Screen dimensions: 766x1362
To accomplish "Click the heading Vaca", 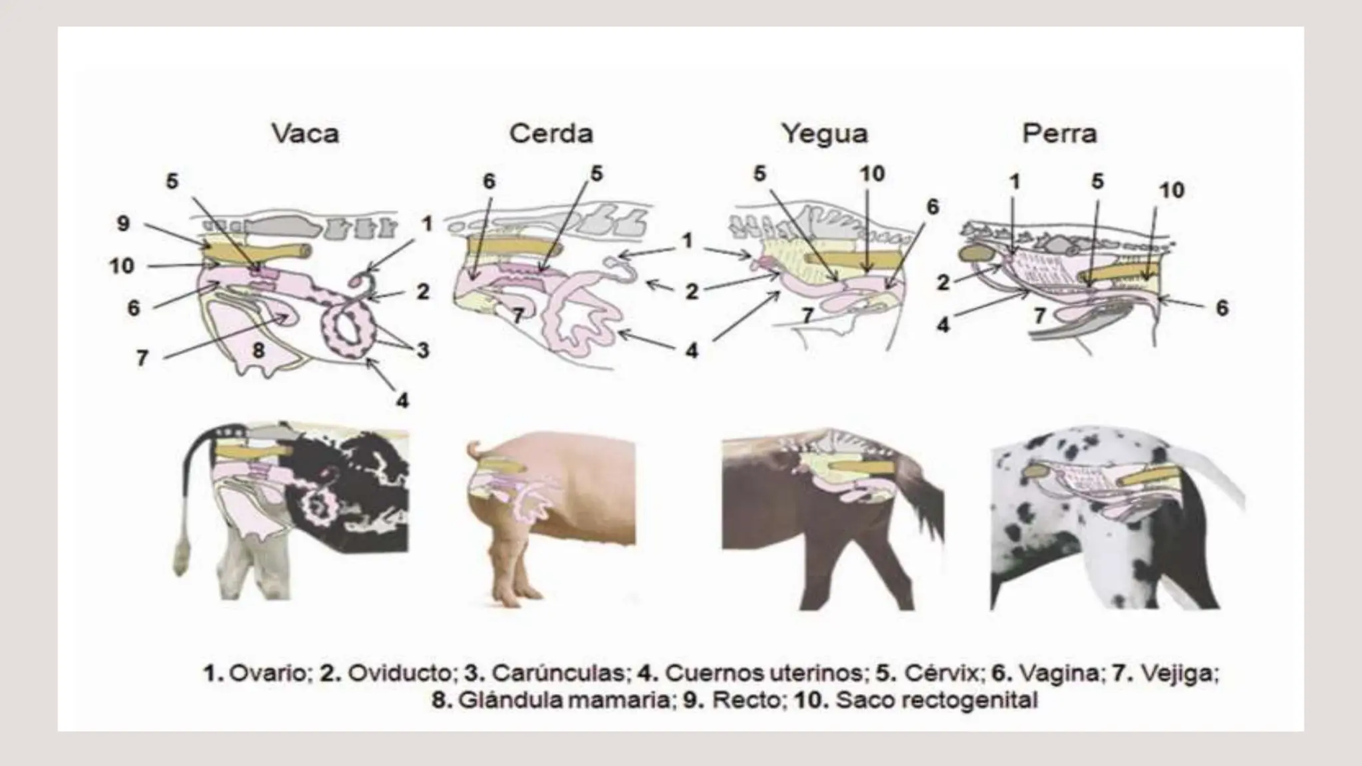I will pos(305,134).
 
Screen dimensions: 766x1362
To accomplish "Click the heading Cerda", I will pos(551,134).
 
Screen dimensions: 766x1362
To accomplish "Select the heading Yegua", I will pos(825,134).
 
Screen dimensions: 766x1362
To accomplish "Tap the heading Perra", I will pos(1059,134).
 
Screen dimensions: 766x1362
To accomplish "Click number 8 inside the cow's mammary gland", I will pos(259,350).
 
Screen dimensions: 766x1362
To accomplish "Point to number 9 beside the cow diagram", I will pos(123,223).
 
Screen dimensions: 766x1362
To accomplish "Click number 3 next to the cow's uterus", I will pos(423,350).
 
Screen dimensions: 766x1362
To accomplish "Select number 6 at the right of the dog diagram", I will pos(1222,309).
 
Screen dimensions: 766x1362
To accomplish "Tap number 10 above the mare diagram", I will pos(873,174).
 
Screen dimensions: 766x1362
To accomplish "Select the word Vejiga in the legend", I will pos(1179,673).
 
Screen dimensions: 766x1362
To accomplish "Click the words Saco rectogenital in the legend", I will pos(936,700).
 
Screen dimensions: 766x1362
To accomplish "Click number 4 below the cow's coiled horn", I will pos(402,400).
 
